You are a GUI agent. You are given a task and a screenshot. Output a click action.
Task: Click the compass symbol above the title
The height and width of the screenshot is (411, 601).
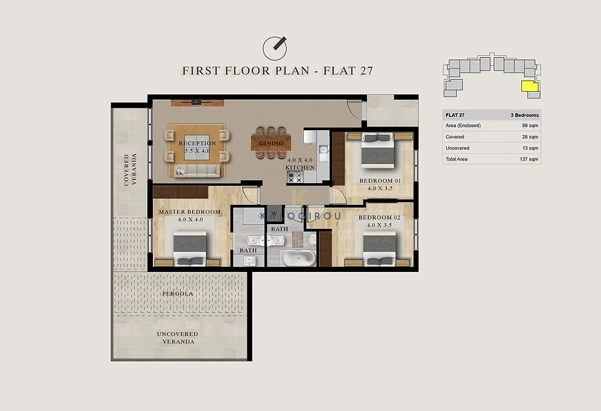point(275,49)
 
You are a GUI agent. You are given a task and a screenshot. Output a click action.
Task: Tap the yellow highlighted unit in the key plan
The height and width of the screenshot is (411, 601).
point(530,86)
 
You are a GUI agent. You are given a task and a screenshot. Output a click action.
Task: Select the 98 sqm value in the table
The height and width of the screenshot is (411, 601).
point(530,126)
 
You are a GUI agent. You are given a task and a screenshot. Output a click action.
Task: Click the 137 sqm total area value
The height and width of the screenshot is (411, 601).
point(529,159)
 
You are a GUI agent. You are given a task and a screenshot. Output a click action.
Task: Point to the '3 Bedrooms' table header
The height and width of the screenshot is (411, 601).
point(525,115)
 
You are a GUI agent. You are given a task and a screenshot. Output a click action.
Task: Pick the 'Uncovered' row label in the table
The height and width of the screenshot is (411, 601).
point(457,148)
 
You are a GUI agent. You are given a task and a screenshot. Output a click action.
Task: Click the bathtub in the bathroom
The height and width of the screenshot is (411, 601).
point(299,257)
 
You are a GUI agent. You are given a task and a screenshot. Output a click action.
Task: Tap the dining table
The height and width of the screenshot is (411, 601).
point(271,143)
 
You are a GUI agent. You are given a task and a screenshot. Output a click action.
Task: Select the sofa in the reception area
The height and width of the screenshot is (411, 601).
point(197,171)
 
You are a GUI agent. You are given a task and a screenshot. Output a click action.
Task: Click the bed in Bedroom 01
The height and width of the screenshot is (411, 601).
point(378,150)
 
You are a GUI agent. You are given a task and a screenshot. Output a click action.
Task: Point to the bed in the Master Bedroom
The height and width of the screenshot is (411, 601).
point(190,249)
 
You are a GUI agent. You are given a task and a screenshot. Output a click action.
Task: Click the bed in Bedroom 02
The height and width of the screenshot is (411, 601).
point(380,249)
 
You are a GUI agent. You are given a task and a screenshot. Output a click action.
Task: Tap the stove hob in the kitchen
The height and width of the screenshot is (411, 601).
point(295,177)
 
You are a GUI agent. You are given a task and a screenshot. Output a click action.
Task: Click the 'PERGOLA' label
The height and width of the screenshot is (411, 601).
point(178,294)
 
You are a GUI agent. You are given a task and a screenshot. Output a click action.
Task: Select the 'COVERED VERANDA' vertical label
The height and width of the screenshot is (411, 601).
point(130,170)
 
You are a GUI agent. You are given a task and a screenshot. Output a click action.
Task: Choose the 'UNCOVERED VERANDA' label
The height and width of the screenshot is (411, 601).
point(178,338)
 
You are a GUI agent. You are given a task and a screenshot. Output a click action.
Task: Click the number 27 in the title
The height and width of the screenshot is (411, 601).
point(366,71)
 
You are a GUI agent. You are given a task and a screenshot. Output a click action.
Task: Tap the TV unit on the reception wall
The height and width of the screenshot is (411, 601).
point(197,102)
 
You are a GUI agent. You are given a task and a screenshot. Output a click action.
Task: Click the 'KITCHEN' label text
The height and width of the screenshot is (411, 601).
point(300,168)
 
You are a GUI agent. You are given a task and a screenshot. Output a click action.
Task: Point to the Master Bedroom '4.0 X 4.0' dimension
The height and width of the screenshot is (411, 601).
point(191,219)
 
